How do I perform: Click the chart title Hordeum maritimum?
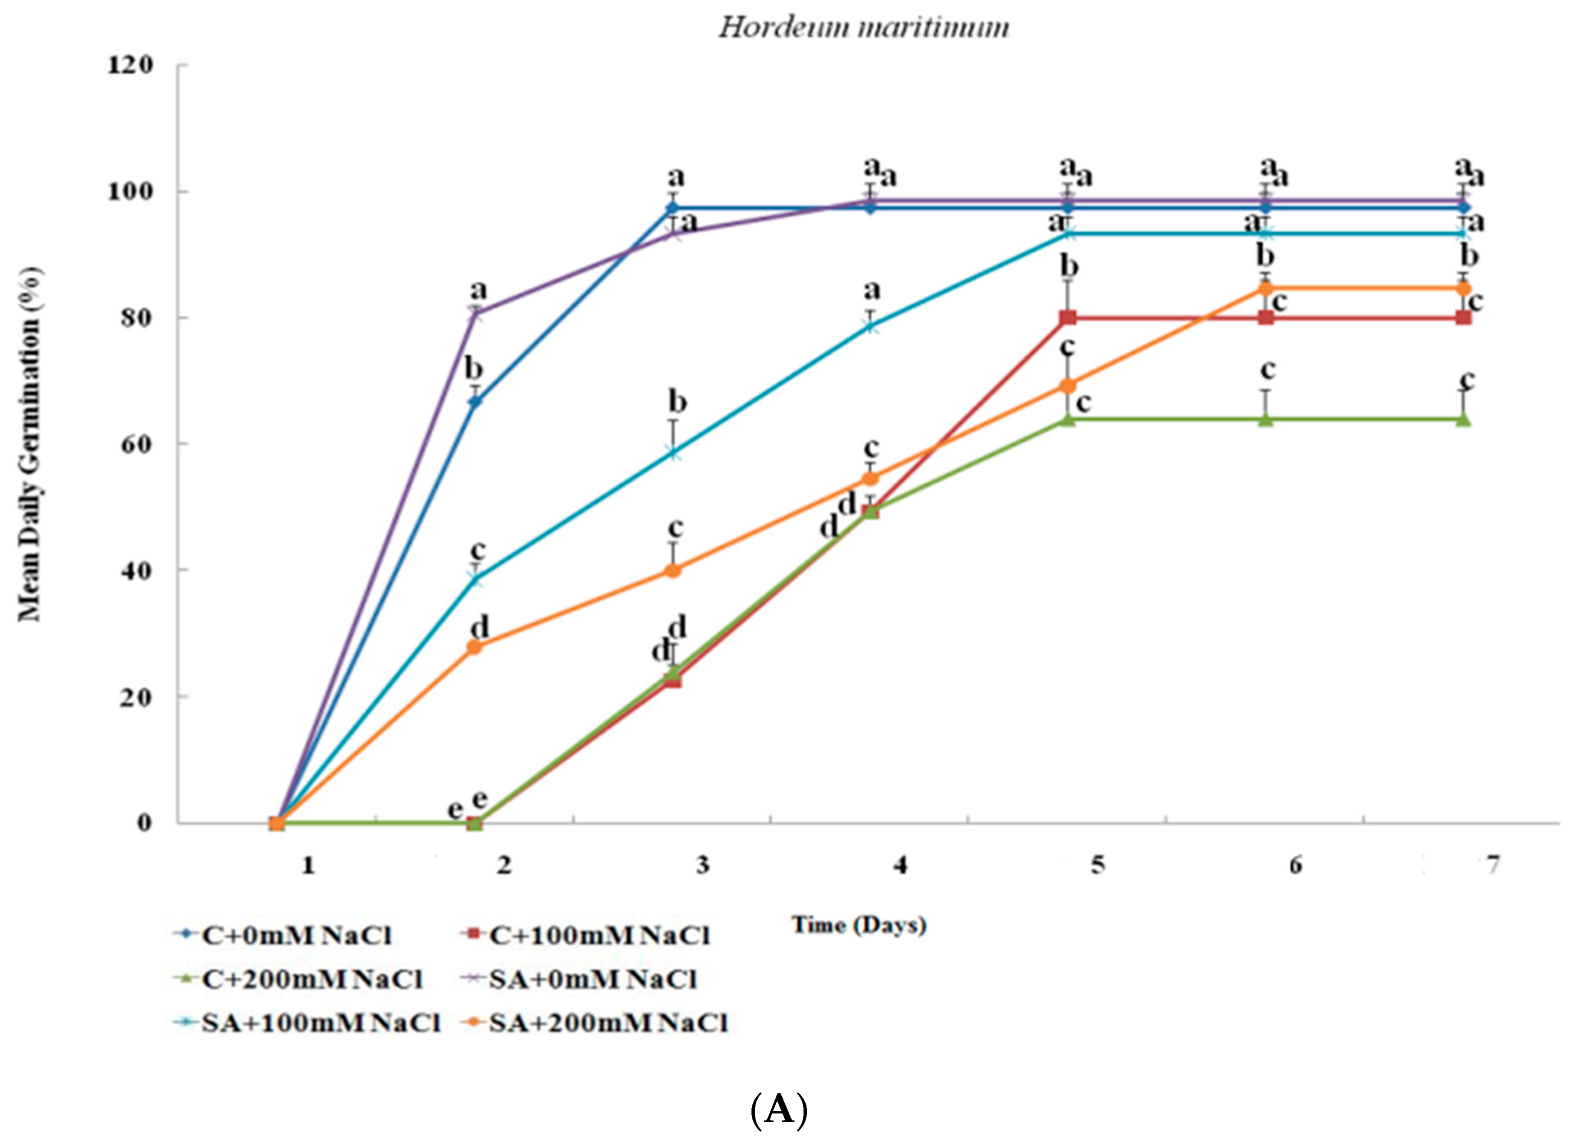863,28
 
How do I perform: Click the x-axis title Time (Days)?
859,925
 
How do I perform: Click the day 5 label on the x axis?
1097,866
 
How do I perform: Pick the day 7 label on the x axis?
1492,866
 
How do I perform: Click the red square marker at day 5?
1069,318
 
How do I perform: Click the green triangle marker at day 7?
1463,419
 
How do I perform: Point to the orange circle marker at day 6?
1266,288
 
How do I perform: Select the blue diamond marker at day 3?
672,207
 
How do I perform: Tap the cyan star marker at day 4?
871,326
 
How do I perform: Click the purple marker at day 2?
475,313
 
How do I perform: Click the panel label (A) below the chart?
779,1109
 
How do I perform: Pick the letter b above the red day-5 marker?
1070,266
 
